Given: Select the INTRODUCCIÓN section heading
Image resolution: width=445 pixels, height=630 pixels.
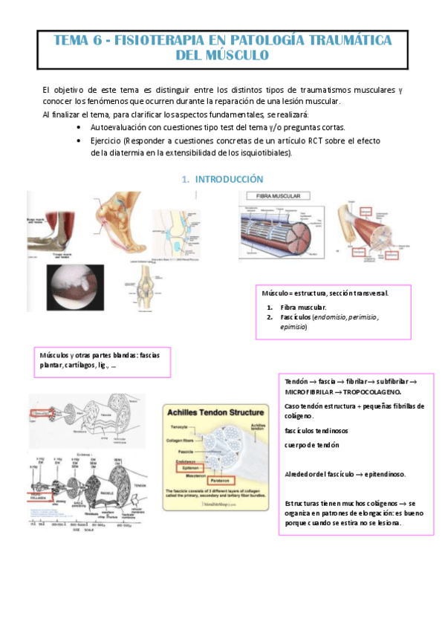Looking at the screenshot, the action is tap(227, 179).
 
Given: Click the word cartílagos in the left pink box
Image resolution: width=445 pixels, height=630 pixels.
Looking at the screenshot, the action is tap(79, 365).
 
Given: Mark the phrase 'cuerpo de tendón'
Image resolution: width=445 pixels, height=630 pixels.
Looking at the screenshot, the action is tap(312, 444).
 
